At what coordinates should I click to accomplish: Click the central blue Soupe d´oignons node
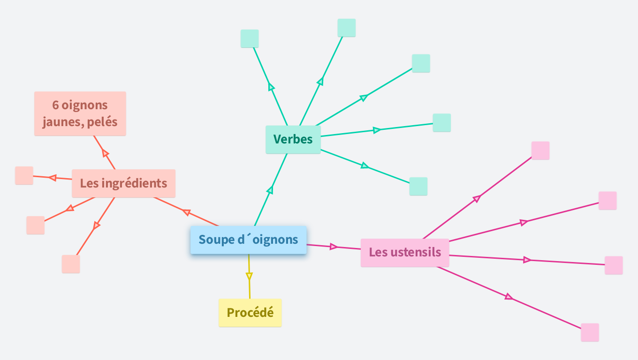[248, 240]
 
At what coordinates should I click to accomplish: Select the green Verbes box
[293, 139]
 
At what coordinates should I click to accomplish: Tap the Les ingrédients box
[123, 183]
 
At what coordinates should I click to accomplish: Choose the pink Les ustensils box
[404, 253]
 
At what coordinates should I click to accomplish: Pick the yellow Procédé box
[250, 313]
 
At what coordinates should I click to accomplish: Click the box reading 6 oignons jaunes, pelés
[80, 113]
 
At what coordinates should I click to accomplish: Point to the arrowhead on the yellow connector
[249, 277]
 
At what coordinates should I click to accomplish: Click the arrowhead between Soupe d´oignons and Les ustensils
[334, 247]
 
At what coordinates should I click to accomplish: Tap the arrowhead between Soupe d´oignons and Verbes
[270, 190]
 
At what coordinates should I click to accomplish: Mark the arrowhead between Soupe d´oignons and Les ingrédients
[187, 212]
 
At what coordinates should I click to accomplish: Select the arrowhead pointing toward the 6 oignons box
[105, 153]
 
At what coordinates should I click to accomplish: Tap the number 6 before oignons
[55, 105]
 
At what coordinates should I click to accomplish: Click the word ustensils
[416, 252]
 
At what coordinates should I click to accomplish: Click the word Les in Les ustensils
[378, 252]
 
